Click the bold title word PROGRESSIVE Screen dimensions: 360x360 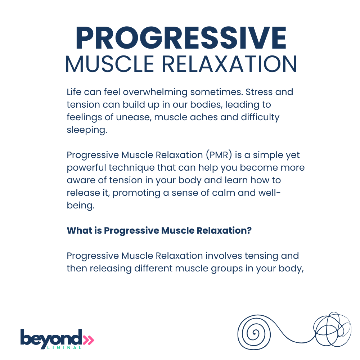pyautogui.click(x=181, y=38)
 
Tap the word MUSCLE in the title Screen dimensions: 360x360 pyautogui.click(x=109, y=64)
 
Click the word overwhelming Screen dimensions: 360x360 pyautogui.click(x=155, y=92)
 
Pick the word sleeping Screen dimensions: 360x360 pyautogui.click(x=87, y=130)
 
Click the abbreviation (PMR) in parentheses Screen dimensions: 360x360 pyautogui.click(x=219, y=155)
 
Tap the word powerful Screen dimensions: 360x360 pyautogui.click(x=86, y=168)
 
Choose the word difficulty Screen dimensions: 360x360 pyautogui.click(x=260, y=117)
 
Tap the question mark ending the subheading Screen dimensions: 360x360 pyautogui.click(x=249, y=230)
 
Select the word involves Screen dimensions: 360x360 pyautogui.click(x=224, y=256)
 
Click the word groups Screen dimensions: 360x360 pyautogui.click(x=227, y=269)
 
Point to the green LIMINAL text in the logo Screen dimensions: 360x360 pyautogui.click(x=64, y=348)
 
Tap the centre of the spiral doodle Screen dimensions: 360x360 pyautogui.click(x=254, y=333)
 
